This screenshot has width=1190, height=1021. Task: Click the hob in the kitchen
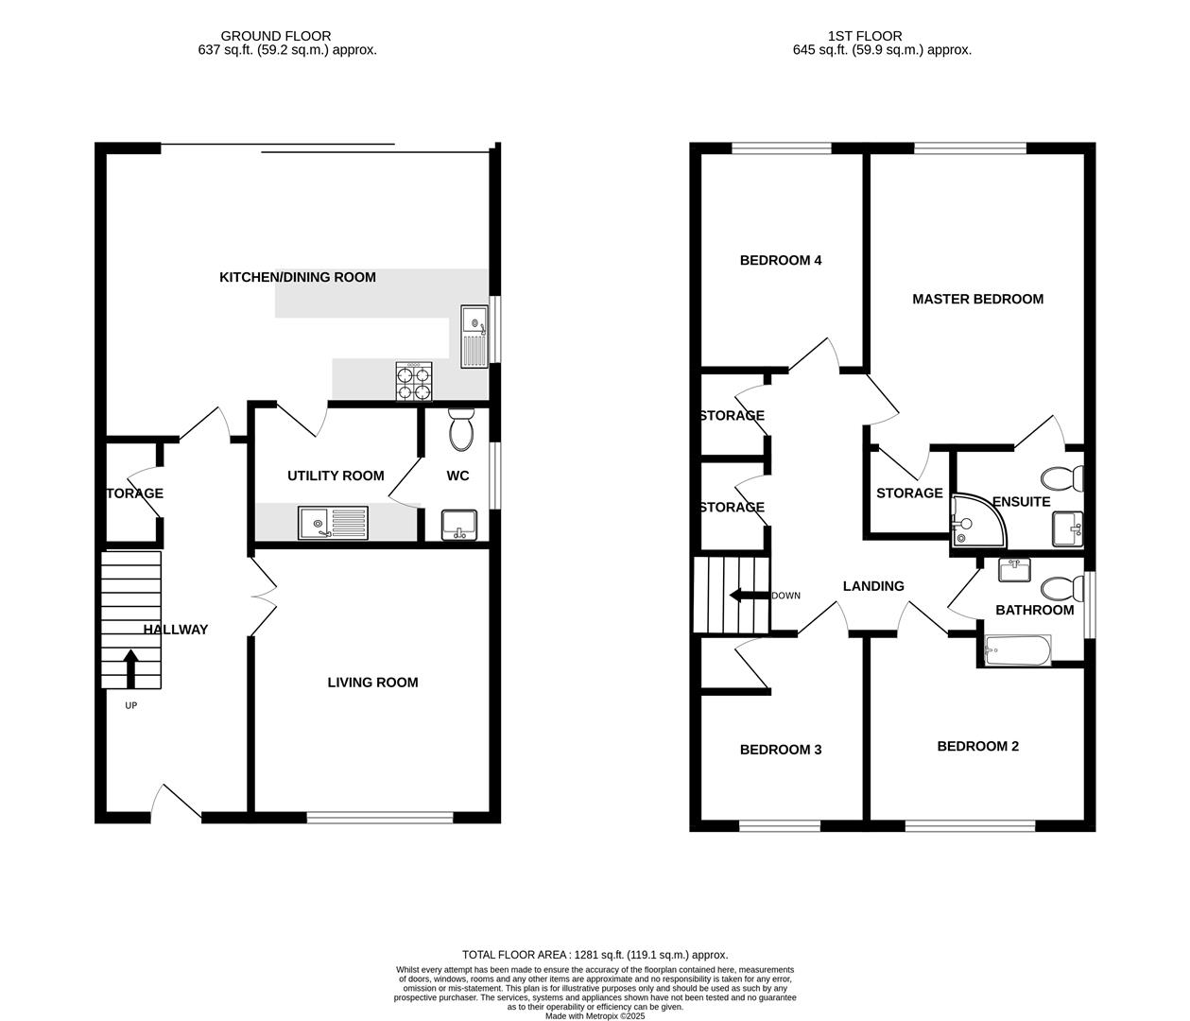(414, 382)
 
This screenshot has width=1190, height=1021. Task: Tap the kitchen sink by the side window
(473, 336)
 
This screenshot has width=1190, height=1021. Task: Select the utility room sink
(333, 523)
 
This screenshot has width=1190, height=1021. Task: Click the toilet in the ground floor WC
(461, 430)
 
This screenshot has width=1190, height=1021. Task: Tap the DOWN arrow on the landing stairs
(749, 596)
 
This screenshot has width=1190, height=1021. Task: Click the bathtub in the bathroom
(1017, 650)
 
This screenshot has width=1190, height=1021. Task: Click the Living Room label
(372, 683)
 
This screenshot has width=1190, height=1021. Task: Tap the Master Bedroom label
(977, 299)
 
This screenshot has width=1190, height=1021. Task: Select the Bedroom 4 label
(780, 260)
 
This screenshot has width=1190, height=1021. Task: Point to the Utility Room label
(336, 476)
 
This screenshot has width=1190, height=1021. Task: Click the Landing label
(873, 586)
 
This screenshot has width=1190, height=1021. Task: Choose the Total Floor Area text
(595, 955)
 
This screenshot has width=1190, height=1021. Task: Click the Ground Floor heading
(276, 36)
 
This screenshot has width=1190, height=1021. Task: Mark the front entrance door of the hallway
(177, 804)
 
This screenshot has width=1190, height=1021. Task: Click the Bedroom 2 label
(977, 746)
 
